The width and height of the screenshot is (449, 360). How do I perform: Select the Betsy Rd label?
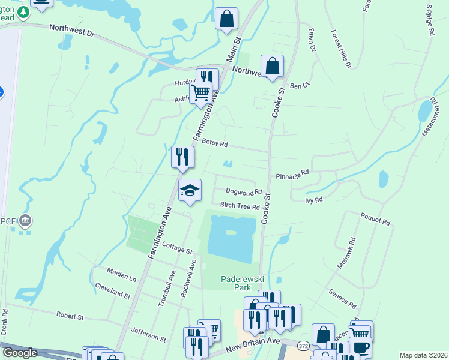tap(215, 144)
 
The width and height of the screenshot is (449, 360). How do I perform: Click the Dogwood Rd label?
tap(244, 192)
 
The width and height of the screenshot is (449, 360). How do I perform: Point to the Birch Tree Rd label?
tap(240, 206)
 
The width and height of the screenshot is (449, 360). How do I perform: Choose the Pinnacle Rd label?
tap(292, 174)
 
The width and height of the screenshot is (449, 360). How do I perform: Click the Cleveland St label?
tap(112, 292)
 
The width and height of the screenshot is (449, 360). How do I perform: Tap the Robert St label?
tap(70, 316)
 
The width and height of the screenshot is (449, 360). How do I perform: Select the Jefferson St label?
tap(148, 334)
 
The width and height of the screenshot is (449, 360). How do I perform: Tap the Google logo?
tap(20, 353)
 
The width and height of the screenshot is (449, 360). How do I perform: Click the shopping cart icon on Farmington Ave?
tap(200, 92)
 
